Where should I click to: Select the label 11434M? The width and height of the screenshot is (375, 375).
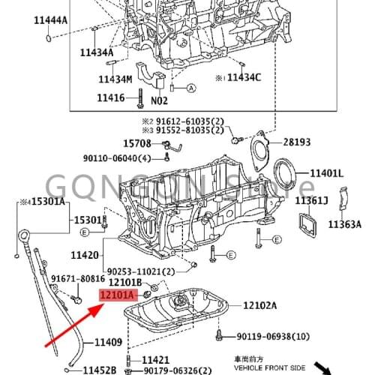pyautogui.click(x=115, y=79)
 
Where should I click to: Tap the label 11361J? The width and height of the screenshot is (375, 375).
pyautogui.click(x=312, y=200)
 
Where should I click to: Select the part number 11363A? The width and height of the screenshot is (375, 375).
pyautogui.click(x=344, y=223)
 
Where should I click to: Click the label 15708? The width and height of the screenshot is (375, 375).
pyautogui.click(x=137, y=142)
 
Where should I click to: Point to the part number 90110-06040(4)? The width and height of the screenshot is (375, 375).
pyautogui.click(x=117, y=157)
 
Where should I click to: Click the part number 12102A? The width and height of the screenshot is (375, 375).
pyautogui.click(x=259, y=305)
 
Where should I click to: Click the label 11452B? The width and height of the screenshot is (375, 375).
pyautogui.click(x=99, y=370)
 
